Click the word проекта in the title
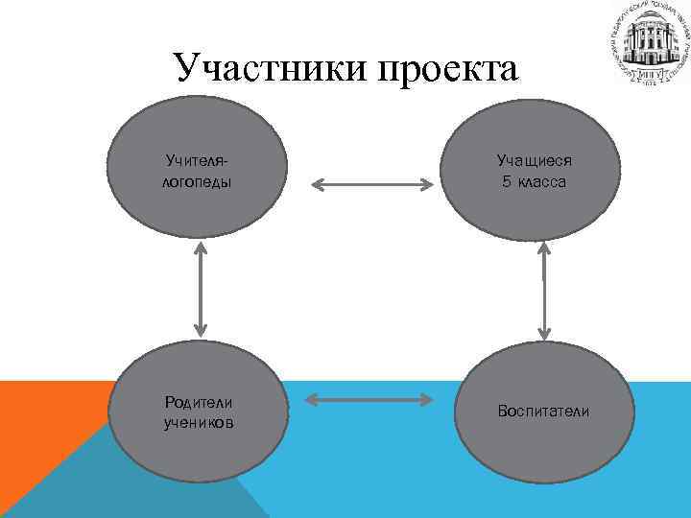(x=447, y=69)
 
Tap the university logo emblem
(x=649, y=42)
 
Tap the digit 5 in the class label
(x=505, y=180)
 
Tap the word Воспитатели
(x=543, y=412)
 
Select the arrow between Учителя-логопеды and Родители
(x=201, y=288)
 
